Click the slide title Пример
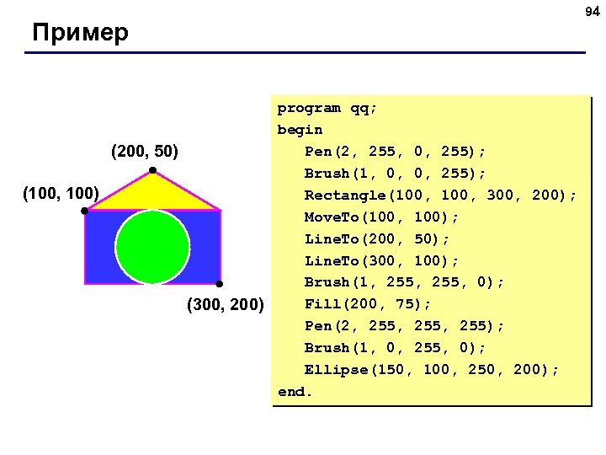(81, 34)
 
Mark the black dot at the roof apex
(152, 172)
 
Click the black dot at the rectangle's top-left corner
(85, 211)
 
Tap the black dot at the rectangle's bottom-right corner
(218, 284)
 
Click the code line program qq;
(327, 108)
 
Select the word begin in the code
(300, 130)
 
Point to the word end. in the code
(295, 392)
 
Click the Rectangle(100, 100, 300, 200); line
(440, 195)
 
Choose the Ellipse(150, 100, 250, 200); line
(431, 370)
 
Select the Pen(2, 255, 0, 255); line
(395, 152)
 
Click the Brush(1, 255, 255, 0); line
(404, 282)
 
